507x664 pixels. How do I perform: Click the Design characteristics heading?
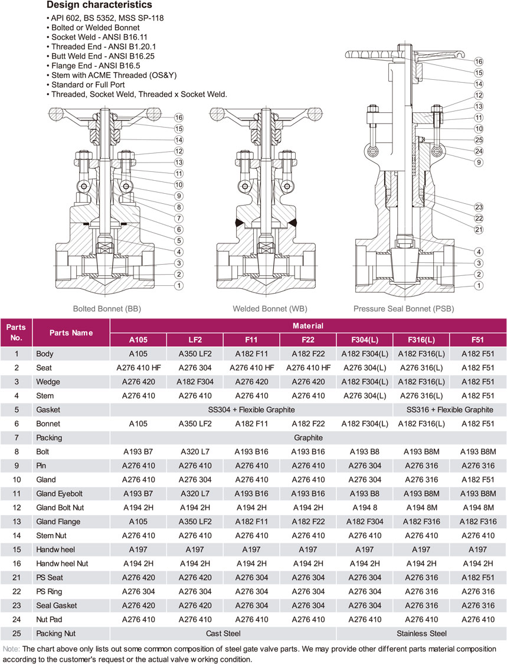point(99,6)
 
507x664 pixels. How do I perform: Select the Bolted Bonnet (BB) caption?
point(107,308)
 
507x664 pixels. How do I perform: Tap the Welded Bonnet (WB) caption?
point(270,308)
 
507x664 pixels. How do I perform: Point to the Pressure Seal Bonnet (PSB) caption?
point(404,308)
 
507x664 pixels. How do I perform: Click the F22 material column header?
point(308,339)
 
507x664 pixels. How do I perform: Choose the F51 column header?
point(477,339)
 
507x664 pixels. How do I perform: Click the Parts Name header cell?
point(71,333)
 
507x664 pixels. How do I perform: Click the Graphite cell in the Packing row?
point(308,438)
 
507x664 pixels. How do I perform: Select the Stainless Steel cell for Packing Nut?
point(421,633)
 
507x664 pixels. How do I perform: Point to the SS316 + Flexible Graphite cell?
point(449,409)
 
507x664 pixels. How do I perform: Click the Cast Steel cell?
point(223,633)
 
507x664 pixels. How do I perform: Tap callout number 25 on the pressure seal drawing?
point(479,140)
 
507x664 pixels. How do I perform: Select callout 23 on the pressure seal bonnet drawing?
point(479,207)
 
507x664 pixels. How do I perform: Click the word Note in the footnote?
point(10,649)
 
